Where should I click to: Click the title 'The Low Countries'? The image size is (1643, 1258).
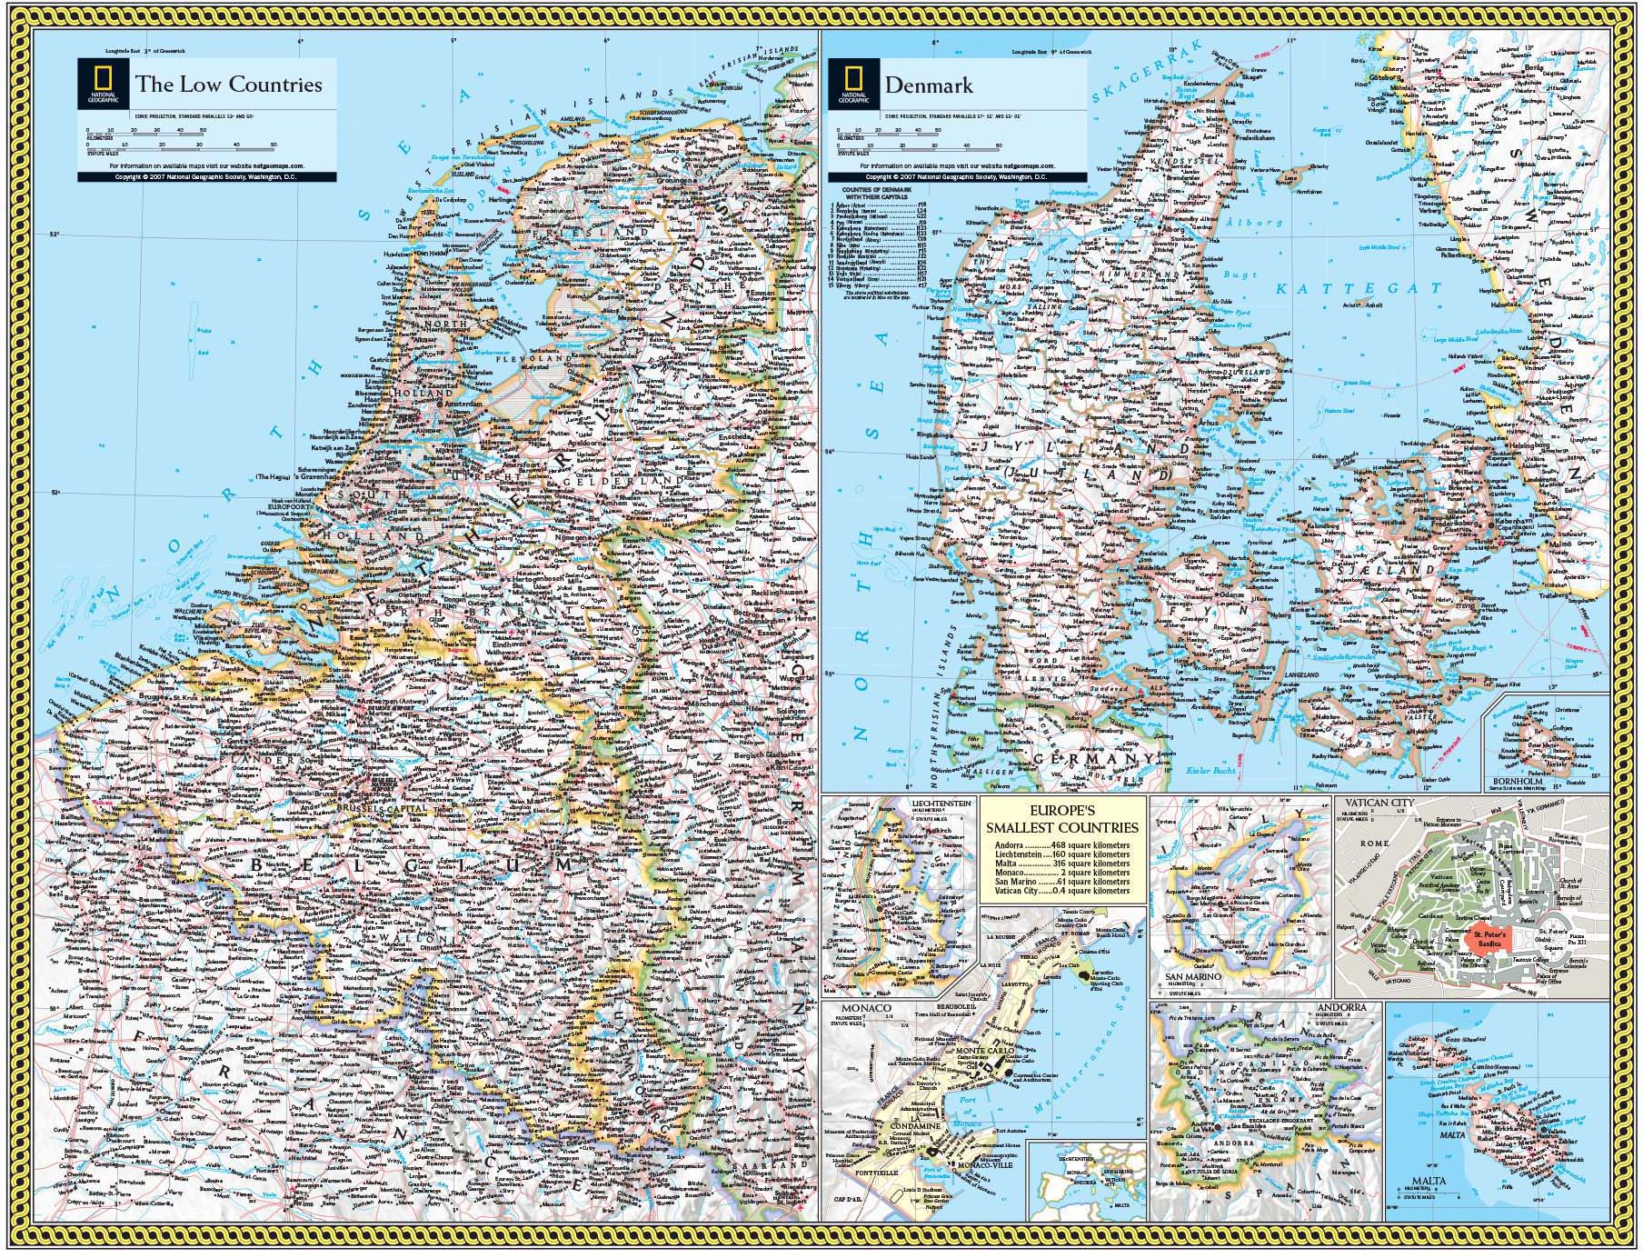click(x=228, y=85)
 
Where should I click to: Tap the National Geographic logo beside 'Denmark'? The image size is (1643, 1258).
click(x=854, y=85)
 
